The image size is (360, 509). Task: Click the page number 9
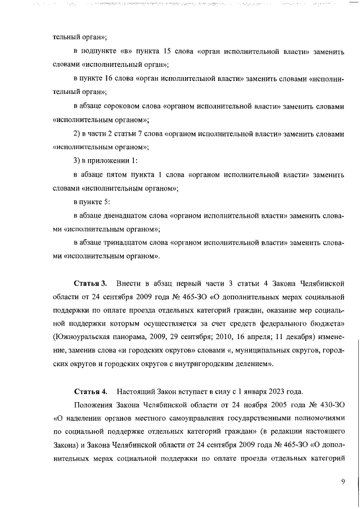[x=343, y=481]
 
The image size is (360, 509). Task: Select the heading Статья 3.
[x=90, y=281]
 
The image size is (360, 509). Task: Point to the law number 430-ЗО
[x=327, y=405]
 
